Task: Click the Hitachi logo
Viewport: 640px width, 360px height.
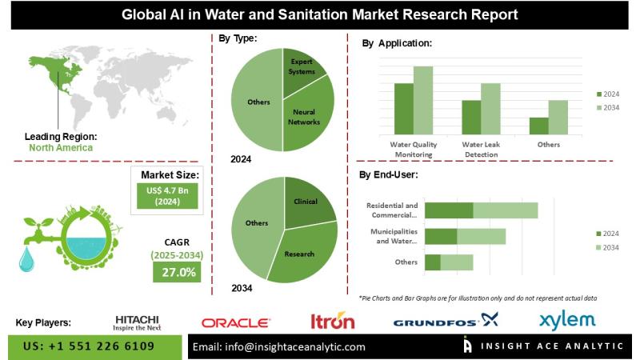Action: tap(137, 322)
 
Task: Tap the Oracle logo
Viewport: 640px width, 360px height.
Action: tap(235, 322)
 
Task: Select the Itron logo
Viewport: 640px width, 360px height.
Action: tap(333, 322)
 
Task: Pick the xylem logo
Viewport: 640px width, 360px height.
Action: tap(567, 320)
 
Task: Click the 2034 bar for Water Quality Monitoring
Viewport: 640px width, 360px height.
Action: tap(422, 101)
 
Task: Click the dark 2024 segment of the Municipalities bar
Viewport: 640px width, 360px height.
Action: tap(441, 236)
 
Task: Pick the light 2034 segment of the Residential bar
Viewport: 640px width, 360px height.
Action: tap(506, 210)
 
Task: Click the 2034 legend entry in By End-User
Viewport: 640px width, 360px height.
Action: tap(610, 248)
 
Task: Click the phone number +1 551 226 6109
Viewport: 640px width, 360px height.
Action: tap(89, 346)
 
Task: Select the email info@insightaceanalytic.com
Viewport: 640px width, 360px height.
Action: tap(279, 346)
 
